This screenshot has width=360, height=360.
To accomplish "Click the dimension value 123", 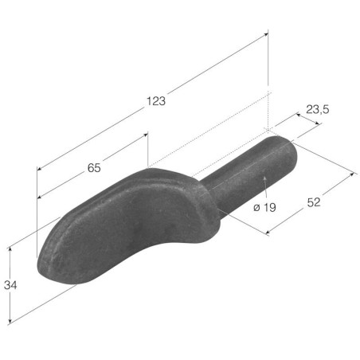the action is point(156,101).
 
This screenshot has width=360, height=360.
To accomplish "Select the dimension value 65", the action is point(94,168).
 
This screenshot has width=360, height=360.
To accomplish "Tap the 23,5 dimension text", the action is point(318,109).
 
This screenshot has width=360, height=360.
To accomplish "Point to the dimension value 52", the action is point(314,202).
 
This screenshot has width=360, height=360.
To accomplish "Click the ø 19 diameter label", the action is point(264,207).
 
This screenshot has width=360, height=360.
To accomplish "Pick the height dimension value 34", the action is point(10,285).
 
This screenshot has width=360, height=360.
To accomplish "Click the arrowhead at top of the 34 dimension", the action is point(10,249).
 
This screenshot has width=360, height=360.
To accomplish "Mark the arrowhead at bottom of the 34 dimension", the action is point(10,321).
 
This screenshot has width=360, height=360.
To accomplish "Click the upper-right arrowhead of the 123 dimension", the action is point(266,34).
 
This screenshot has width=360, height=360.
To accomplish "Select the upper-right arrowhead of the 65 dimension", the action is point(145,135).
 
